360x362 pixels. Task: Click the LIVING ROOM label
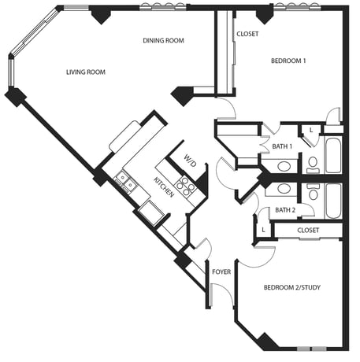[x=86, y=72]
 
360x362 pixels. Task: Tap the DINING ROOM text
[x=163, y=40]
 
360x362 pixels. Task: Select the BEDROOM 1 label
[x=288, y=61]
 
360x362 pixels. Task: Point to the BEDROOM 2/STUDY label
[x=292, y=287]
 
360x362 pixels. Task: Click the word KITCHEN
[x=164, y=187]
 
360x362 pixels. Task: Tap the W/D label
[x=190, y=161]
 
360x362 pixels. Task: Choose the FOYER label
[x=221, y=271]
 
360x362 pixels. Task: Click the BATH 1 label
[x=282, y=146]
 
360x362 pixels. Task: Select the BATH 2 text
[x=285, y=210]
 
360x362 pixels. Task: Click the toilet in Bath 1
[x=313, y=165]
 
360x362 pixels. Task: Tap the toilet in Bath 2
[x=313, y=191]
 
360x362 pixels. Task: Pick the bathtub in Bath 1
[x=333, y=155]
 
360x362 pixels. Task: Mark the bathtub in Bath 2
[x=333, y=201]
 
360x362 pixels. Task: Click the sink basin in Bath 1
[x=284, y=166]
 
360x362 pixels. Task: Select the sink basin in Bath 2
[x=284, y=188]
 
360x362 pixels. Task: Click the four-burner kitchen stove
[x=186, y=187]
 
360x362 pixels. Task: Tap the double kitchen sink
[x=126, y=182]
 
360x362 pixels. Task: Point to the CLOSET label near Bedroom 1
[x=247, y=34]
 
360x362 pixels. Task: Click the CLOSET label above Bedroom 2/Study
[x=308, y=231]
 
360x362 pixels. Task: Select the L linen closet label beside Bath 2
[x=263, y=230]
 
